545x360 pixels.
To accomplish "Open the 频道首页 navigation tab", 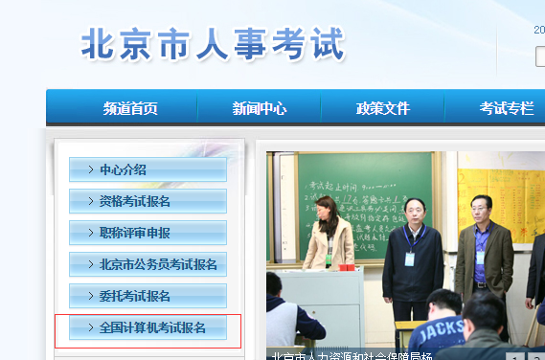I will click(x=130, y=108).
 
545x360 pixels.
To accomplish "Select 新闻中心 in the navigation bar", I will click(x=259, y=108).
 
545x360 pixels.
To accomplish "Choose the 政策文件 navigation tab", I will click(x=382, y=108).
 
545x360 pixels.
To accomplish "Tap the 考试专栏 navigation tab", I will click(x=506, y=108).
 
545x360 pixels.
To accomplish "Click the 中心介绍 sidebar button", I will click(x=148, y=169).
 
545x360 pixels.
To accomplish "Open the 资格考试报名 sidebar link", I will click(x=148, y=201).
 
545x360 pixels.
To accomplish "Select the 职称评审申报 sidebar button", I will click(x=148, y=233).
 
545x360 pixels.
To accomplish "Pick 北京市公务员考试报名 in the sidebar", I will click(x=148, y=264).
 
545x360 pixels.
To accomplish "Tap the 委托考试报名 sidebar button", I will click(x=148, y=296).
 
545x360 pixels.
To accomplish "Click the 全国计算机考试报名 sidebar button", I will click(x=148, y=328).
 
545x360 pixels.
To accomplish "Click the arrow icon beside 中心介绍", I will click(x=90, y=169).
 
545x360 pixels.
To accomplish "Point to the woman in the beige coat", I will click(x=328, y=239).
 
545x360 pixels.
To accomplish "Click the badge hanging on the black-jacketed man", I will click(x=410, y=259).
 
